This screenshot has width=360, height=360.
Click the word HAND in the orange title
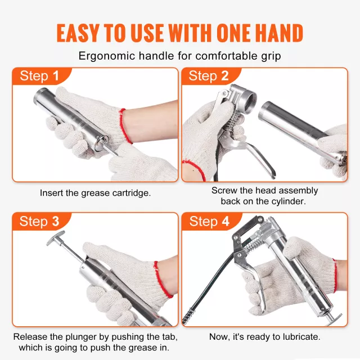(279, 33)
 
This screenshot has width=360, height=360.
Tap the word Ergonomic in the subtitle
(107, 56)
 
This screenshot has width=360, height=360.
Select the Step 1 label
(39, 76)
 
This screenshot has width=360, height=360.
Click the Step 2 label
(209, 76)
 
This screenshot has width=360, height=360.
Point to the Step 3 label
(39, 221)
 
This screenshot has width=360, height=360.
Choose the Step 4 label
(209, 221)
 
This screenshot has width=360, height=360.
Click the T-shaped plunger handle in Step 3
(56, 238)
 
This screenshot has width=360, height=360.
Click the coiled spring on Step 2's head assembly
(232, 120)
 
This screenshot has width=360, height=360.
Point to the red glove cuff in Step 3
(163, 279)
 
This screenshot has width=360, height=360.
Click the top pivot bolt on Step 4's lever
(260, 219)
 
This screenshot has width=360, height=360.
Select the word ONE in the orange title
(235, 33)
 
